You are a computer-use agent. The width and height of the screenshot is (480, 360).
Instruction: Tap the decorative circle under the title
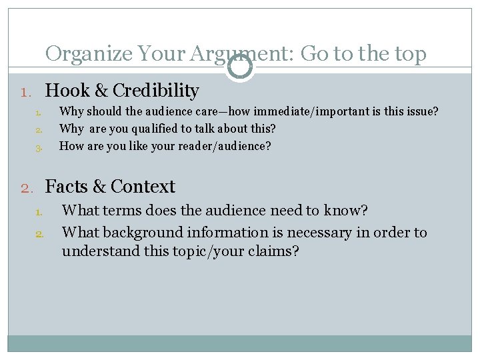pos(240,67)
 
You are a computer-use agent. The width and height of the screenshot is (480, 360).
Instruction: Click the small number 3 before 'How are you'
pos(39,147)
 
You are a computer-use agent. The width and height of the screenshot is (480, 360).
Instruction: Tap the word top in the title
pos(409,53)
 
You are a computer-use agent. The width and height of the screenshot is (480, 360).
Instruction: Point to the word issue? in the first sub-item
pos(422,111)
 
